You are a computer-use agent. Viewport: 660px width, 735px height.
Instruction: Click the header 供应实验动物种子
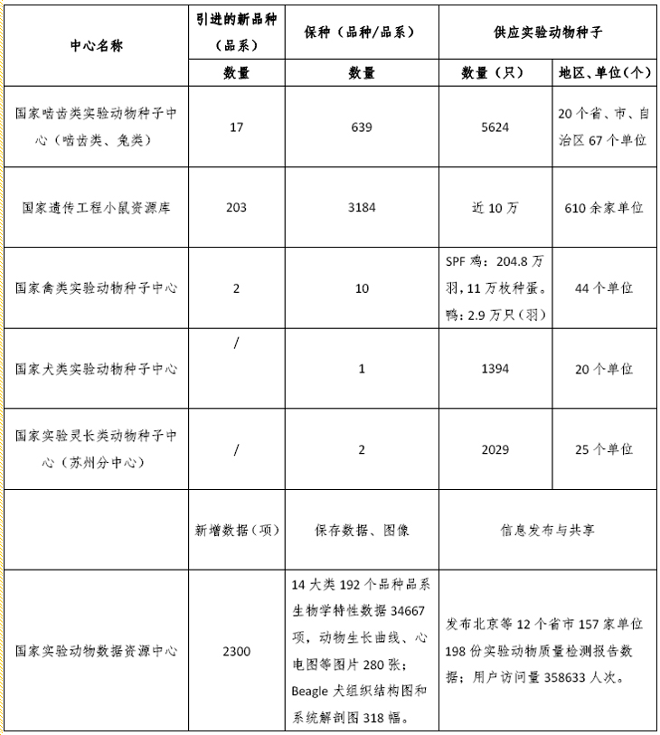point(548,32)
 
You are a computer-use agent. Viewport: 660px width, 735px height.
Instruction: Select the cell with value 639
point(362,127)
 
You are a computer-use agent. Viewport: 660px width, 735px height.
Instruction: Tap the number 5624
point(495,127)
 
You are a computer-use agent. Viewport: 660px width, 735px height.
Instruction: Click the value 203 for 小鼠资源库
point(236,208)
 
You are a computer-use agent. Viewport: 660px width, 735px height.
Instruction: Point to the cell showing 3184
point(362,208)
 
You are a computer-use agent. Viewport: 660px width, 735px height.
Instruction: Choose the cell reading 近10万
point(495,208)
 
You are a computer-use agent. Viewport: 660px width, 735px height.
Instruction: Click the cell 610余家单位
point(603,208)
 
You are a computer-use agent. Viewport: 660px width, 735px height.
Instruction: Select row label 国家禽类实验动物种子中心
point(96,288)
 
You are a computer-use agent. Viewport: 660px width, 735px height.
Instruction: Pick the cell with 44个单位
point(603,288)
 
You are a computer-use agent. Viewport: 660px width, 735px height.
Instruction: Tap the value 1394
point(495,369)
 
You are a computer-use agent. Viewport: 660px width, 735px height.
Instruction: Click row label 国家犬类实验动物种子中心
point(96,369)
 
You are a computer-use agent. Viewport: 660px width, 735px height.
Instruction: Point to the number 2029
point(495,449)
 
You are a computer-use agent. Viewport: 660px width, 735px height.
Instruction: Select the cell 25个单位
point(603,449)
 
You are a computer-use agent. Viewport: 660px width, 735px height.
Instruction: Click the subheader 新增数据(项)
point(236,530)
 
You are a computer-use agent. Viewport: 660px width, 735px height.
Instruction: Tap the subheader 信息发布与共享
point(548,530)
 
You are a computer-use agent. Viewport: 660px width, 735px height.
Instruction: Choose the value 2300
point(236,651)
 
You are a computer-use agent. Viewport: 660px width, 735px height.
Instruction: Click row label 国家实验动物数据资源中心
point(96,651)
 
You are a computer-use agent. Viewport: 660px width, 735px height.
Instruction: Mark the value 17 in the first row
point(236,127)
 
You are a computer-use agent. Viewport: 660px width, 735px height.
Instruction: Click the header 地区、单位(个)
point(603,73)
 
